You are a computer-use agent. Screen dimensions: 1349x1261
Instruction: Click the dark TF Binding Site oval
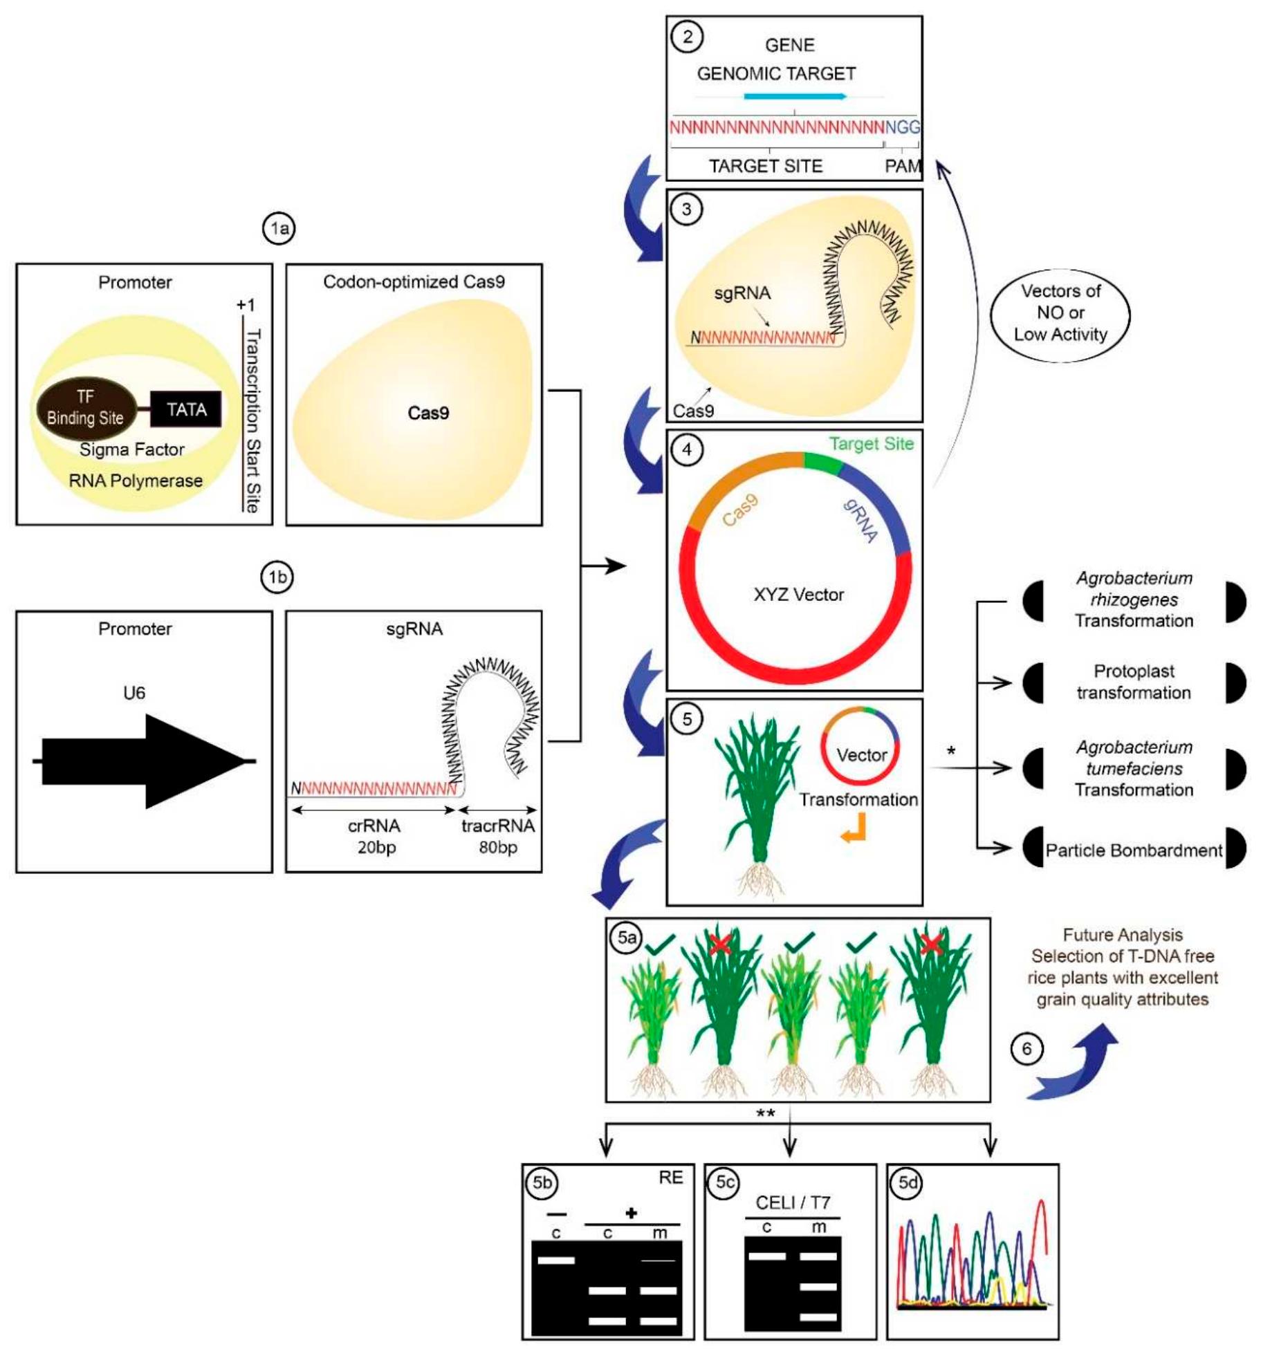85,407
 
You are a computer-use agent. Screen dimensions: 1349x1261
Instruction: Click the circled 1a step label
279,228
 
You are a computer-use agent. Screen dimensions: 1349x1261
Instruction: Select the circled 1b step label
277,577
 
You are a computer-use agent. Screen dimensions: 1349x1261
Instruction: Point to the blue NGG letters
902,127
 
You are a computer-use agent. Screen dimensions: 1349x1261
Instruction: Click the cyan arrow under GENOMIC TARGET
795,96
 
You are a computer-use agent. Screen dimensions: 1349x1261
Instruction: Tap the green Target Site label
871,444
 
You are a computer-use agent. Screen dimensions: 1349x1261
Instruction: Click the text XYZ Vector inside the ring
798,595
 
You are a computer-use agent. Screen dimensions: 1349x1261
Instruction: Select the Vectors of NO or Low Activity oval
1059,313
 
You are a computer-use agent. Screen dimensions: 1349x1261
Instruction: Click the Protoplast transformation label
1133,682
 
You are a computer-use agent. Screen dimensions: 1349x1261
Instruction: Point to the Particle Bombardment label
1133,850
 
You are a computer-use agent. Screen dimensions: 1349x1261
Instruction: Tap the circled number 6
1027,1049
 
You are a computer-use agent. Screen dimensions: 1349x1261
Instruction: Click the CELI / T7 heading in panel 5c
792,1203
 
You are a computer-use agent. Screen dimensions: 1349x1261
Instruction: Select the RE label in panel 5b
670,1178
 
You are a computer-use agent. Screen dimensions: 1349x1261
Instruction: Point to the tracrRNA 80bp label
497,836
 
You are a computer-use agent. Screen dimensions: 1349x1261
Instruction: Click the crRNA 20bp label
375,836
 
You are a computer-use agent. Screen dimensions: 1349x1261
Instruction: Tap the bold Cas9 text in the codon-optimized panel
428,413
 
